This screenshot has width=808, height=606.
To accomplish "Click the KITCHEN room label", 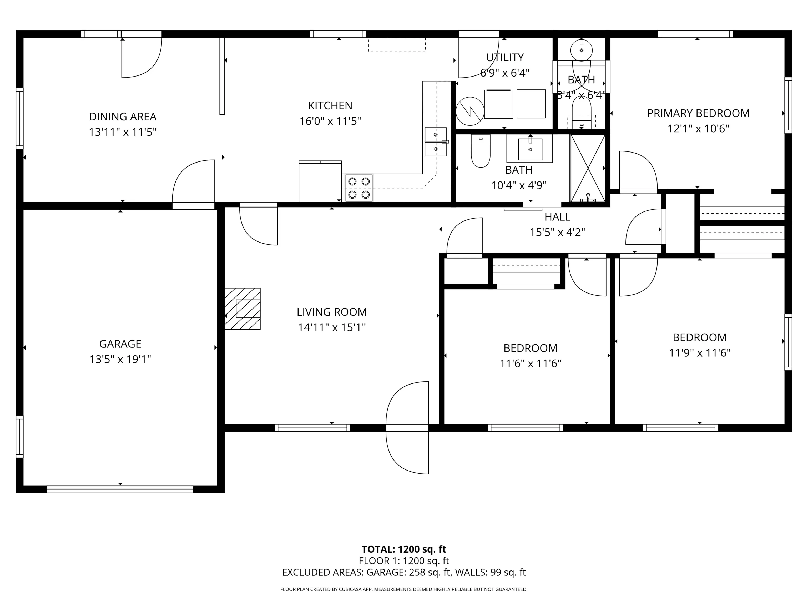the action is point(330,105).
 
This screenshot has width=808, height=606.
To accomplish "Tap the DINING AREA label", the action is point(123,117).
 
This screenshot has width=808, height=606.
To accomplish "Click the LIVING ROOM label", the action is point(332,312).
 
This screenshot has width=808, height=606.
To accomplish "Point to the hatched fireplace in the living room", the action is point(243,309).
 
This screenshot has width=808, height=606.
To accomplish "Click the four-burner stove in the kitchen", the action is point(359,188).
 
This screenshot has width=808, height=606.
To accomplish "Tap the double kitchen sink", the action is point(436,142).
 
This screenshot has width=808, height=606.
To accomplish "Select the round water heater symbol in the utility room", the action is point(470,109).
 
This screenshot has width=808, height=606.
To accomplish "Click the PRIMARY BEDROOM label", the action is point(698,113).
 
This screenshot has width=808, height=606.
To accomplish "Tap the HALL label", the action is point(557,217).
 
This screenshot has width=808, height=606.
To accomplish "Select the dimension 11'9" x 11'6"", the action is point(700,353).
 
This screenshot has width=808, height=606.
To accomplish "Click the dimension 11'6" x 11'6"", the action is point(531,364).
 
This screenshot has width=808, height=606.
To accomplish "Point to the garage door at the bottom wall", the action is point(120,489).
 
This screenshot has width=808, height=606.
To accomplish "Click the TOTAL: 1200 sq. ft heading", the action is point(404,549).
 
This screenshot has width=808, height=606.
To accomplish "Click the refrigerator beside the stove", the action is point(320,181).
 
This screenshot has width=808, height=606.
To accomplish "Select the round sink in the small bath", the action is point(581,50).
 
